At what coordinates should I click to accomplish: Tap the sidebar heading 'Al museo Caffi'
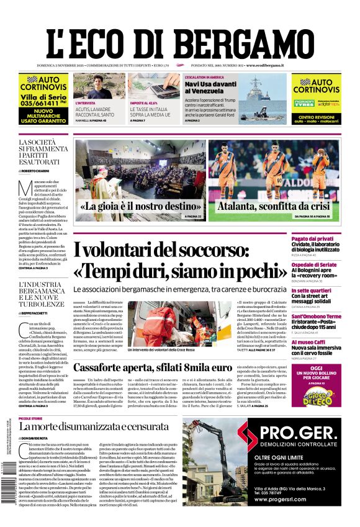(x=324, y=341)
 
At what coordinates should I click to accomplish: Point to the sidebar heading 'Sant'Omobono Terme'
(x=333, y=316)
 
